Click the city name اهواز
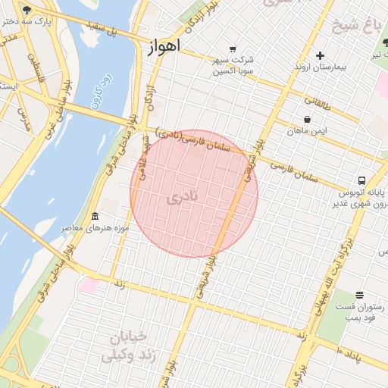click(161, 47)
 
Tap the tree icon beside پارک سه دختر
click(27, 10)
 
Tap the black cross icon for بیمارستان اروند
click(320, 55)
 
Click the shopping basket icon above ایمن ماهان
click(307, 119)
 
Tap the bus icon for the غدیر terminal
click(361, 180)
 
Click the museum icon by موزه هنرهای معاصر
click(94, 216)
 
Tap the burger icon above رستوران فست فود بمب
click(359, 294)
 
